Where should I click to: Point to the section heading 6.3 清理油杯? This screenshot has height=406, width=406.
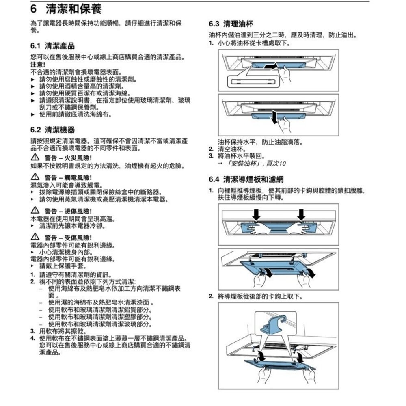click(x=231, y=24)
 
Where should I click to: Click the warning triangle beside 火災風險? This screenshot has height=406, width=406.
click(x=35, y=158)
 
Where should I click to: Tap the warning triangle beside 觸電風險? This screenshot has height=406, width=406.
click(x=35, y=177)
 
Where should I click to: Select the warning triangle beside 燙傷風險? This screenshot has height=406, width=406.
click(x=35, y=211)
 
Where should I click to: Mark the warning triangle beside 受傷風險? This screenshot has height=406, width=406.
click(x=35, y=237)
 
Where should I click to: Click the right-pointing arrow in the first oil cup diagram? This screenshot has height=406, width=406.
click(x=270, y=65)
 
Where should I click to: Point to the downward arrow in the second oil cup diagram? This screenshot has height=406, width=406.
click(x=276, y=116)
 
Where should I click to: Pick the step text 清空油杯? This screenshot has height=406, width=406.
click(x=230, y=149)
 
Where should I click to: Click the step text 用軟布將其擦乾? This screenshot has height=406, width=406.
click(x=62, y=330)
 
